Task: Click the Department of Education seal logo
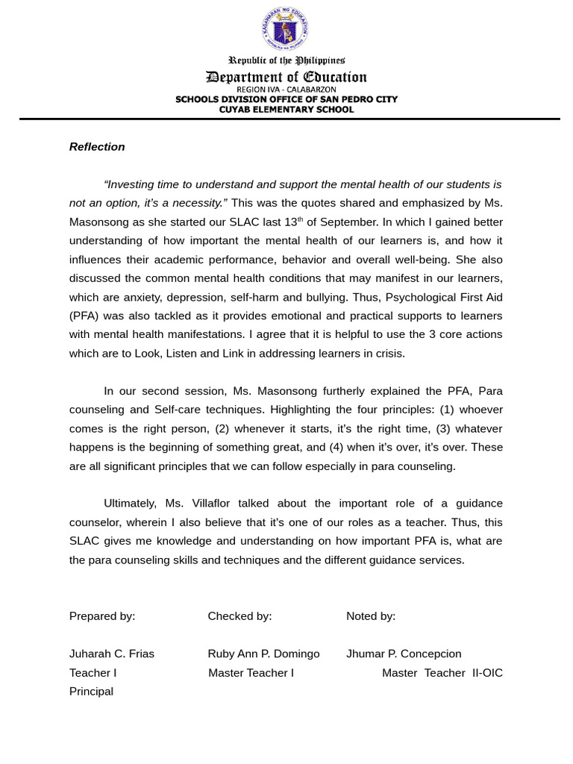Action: point(285,28)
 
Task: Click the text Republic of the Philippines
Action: point(286,60)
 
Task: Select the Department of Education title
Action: point(286,77)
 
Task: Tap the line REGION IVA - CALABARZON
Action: point(286,90)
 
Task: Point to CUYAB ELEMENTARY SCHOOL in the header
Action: point(286,109)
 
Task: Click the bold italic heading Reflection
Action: point(97,147)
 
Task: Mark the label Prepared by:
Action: point(102,616)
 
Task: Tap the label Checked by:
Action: point(239,616)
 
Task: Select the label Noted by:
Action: point(371,616)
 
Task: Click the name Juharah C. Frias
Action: point(112,654)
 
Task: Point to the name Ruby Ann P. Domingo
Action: point(263,654)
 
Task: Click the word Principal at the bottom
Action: point(91,692)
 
